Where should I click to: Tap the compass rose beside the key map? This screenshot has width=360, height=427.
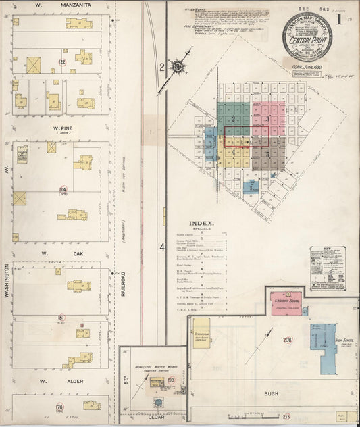177,66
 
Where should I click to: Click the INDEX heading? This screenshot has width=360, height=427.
201,223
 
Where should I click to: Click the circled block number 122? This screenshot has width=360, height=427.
61,62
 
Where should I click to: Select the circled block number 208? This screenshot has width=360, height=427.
287,340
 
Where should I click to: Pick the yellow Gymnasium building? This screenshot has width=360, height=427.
201,332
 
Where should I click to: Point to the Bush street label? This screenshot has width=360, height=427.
272,393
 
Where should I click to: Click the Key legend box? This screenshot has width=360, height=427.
328,268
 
